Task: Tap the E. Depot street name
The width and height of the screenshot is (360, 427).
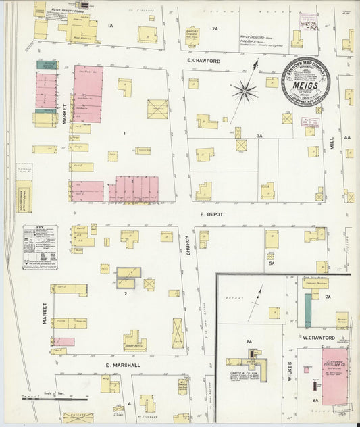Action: click(211, 214)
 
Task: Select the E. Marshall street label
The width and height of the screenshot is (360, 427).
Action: click(122, 365)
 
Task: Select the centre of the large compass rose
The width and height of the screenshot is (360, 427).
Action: click(244, 89)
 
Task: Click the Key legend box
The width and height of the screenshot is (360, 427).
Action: click(40, 247)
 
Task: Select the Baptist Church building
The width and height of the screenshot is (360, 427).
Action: click(194, 36)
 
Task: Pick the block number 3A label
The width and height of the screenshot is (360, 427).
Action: click(259, 136)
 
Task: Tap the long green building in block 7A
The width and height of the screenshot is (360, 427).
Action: click(308, 311)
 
